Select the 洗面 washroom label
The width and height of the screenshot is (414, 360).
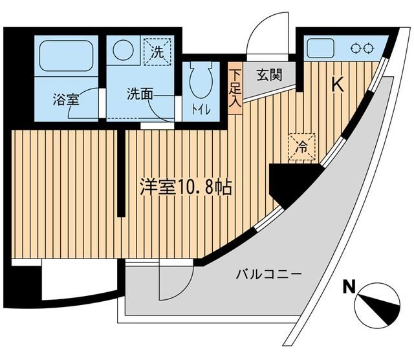pos(140,92)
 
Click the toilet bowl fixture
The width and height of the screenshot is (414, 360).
pos(198,81)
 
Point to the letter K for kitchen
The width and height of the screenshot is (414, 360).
pos(336,84)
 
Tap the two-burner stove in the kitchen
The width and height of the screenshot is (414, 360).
pos(362,47)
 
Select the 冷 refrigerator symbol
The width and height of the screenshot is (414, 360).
pos(302,146)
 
